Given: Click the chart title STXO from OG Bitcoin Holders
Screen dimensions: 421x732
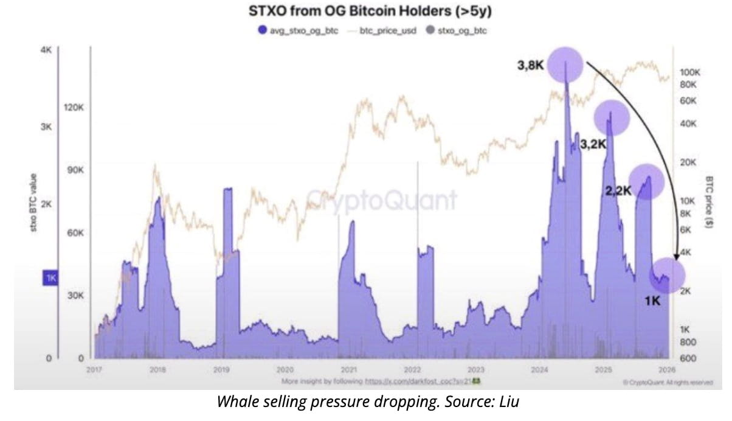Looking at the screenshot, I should (x=365, y=12).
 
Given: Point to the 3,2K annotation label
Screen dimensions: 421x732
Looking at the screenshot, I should (x=593, y=145).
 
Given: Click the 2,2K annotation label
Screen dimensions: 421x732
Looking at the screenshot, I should (x=618, y=191).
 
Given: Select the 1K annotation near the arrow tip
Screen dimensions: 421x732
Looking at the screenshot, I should (x=653, y=300).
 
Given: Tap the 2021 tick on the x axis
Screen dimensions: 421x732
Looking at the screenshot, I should (x=349, y=369).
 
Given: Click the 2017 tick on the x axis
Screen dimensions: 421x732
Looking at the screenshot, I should (x=94, y=369).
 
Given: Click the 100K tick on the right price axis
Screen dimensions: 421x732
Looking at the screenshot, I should (x=690, y=72).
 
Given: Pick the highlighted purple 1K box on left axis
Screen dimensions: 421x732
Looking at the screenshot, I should (x=50, y=278).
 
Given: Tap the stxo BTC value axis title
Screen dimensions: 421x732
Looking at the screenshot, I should (x=34, y=203).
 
